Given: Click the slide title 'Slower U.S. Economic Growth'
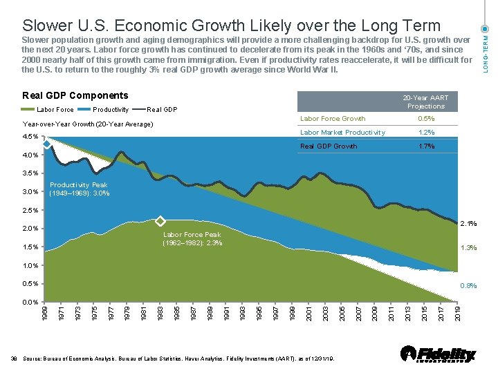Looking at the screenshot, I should coord(231,26).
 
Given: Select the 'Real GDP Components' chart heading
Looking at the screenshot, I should coord(75,95).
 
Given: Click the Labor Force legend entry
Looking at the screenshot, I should coord(48,110).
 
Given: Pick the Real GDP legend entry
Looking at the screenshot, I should coord(155,110).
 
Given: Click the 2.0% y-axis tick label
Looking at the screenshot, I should coord(30,229).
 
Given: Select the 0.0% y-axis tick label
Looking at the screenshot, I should coord(30,303).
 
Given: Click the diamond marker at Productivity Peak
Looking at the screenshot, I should coord(46,144).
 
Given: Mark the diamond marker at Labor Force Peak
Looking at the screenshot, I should coord(160,221).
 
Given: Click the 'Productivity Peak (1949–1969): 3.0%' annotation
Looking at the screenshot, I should coord(79,189).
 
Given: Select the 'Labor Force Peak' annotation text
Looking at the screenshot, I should coord(192,239).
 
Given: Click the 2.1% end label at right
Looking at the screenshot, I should coord(470,222).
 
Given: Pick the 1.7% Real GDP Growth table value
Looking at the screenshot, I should coord(426,146).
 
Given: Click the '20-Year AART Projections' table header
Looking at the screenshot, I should coord(426,102).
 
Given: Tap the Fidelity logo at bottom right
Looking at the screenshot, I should coord(439,354).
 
